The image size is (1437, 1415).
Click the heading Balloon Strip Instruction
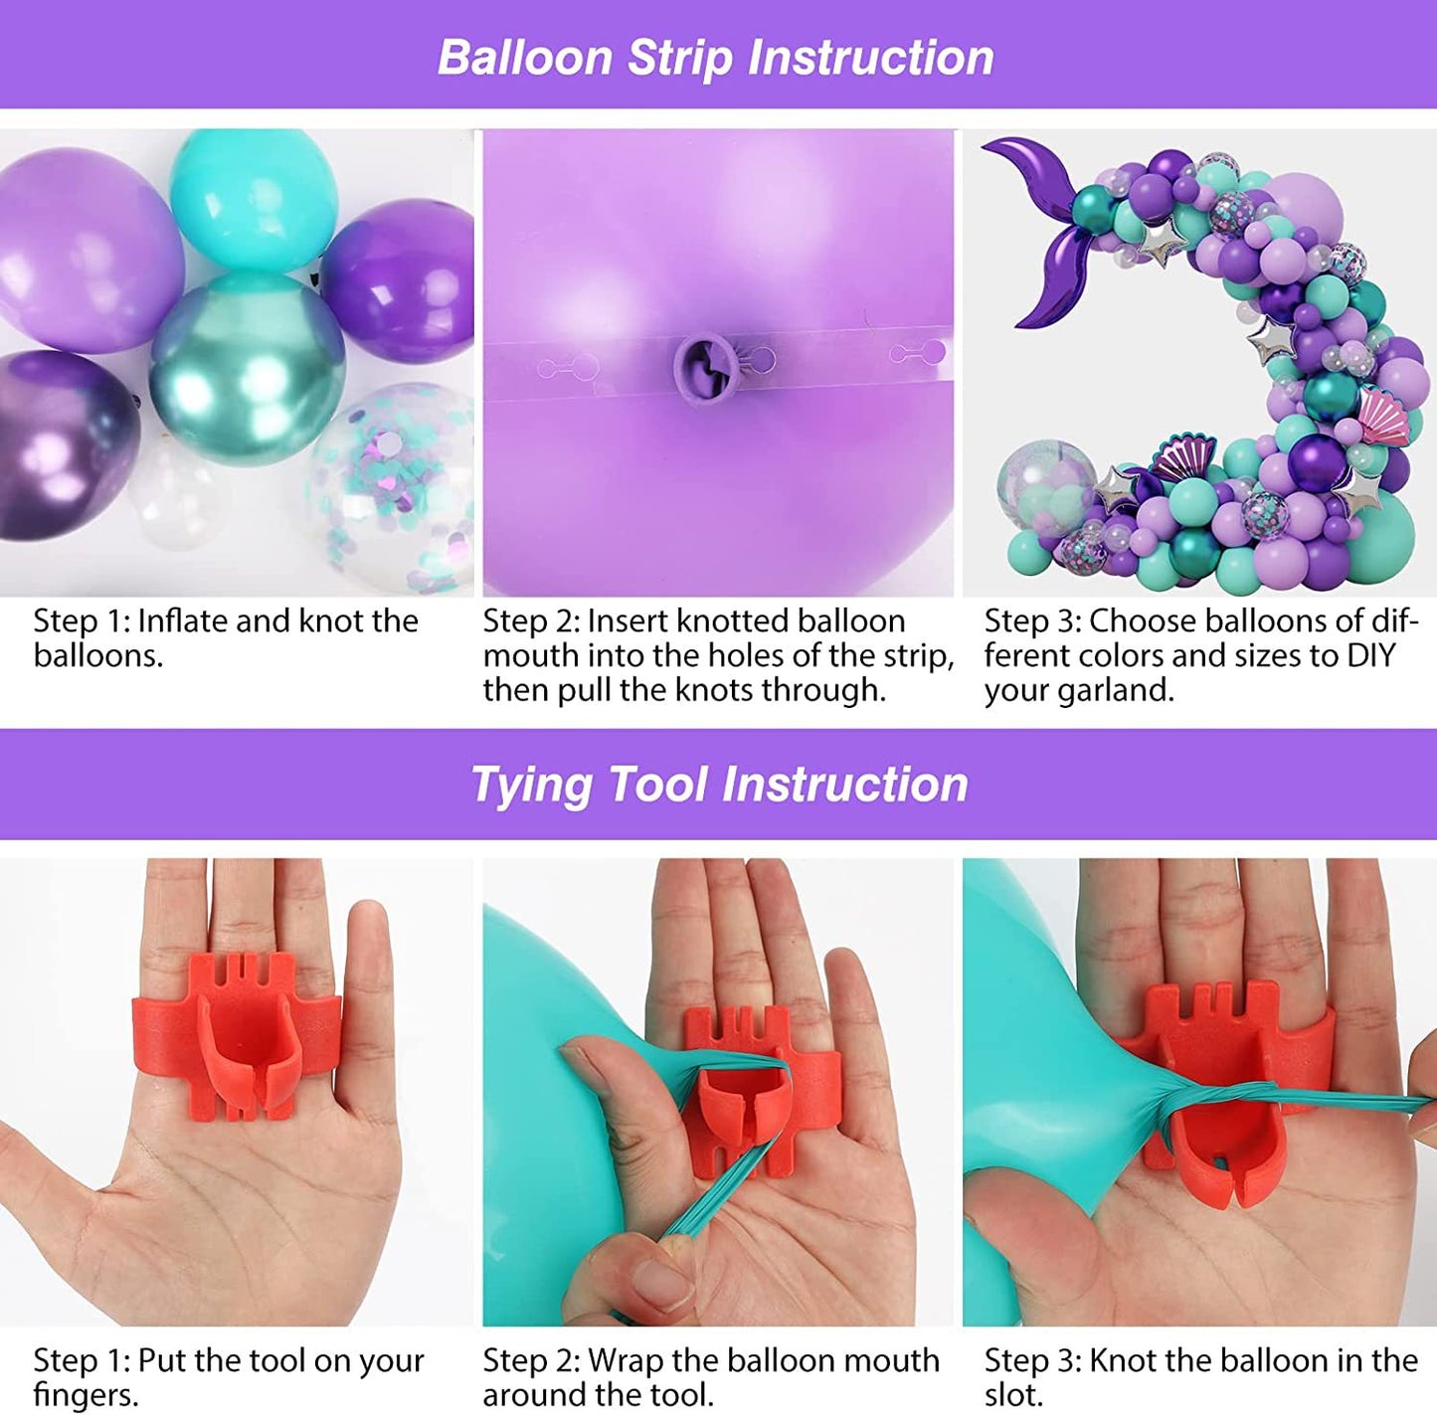point(716,57)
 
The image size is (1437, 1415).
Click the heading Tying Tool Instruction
point(719,784)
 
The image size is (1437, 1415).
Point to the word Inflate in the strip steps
point(183,620)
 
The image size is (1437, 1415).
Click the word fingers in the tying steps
point(84,1394)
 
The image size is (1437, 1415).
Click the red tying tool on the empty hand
point(239,1034)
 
